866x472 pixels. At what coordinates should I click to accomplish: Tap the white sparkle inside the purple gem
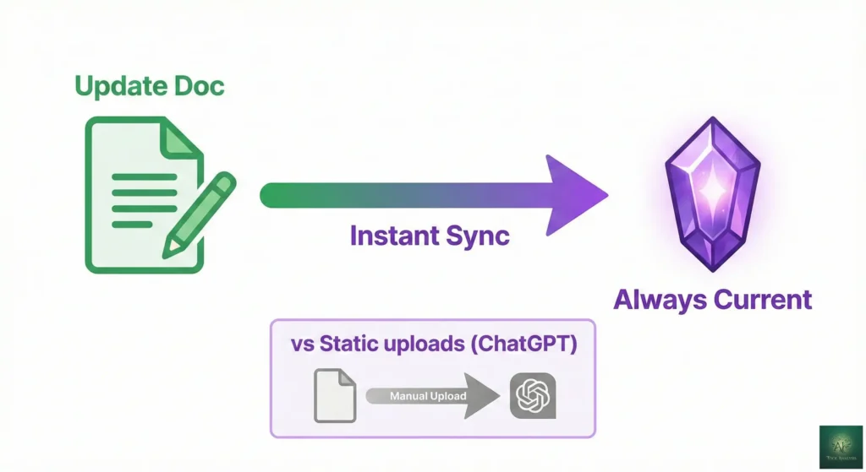pyautogui.click(x=713, y=190)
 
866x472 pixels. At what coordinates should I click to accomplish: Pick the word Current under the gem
pyautogui.click(x=764, y=299)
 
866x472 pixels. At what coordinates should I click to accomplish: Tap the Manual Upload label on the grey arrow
pyautogui.click(x=420, y=395)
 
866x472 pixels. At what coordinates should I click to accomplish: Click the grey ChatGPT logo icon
pyautogui.click(x=533, y=395)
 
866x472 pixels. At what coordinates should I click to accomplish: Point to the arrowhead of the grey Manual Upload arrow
pyautogui.click(x=482, y=395)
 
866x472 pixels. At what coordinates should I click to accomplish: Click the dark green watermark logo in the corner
pyautogui.click(x=841, y=447)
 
